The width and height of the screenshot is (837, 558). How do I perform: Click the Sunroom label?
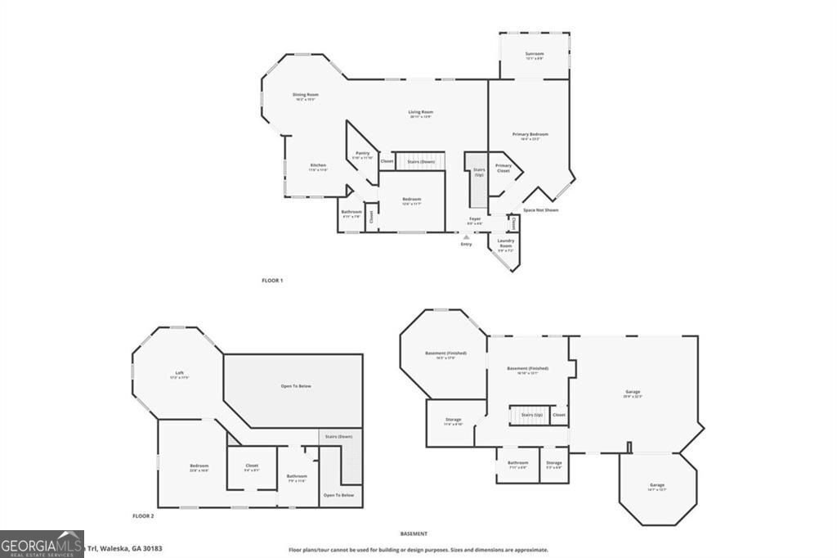pos(534,55)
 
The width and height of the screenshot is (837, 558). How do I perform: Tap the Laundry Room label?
pos(505,243)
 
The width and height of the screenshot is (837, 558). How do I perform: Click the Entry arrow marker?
pos(466,237)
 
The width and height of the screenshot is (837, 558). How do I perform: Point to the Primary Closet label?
pos(503,168)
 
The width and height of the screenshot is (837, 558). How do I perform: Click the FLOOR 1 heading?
pos(272,280)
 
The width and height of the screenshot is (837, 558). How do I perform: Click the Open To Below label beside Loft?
pos(296,386)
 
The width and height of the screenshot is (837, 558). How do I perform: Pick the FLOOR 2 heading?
pos(143,516)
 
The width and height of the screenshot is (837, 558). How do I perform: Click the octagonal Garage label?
pos(657,487)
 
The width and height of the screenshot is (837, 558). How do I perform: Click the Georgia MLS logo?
pos(42,544)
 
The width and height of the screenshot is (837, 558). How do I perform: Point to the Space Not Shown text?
pos(540,210)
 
